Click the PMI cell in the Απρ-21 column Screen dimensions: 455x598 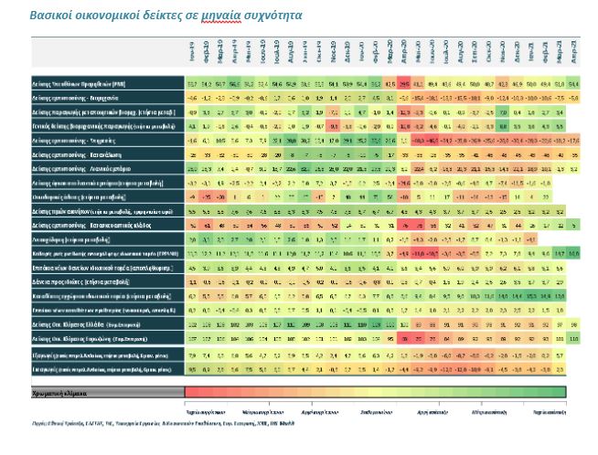[x=573, y=84]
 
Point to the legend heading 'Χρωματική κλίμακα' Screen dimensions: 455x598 [x=69, y=392]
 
